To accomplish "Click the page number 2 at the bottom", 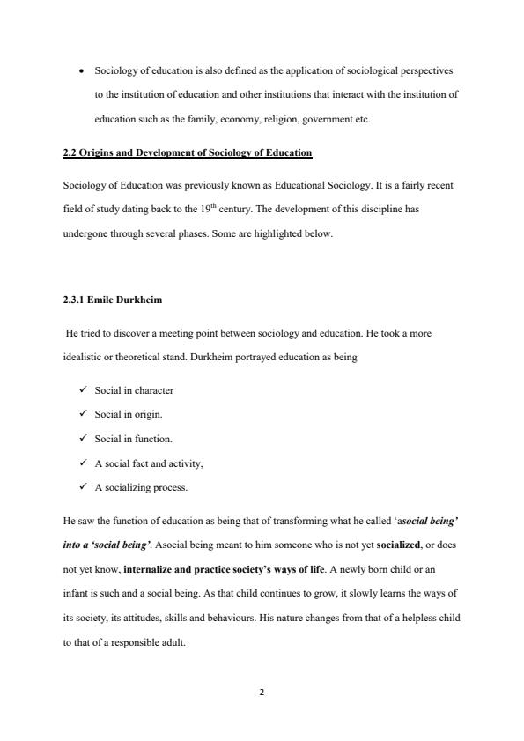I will (x=262, y=693).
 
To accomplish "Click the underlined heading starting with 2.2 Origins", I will (x=188, y=152).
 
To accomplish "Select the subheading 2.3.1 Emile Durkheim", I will (x=113, y=300).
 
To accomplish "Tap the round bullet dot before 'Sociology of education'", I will (x=81, y=69).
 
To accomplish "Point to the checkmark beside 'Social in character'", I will (x=82, y=389).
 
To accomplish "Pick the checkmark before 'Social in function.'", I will (x=82, y=438).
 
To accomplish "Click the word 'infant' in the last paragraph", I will (x=76, y=595).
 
